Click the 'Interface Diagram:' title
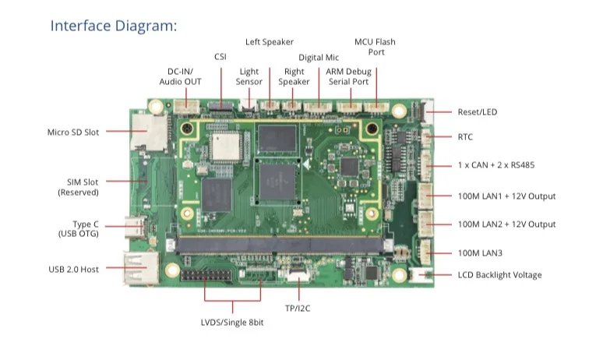tap(114, 26)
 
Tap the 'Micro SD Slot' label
tap(73, 132)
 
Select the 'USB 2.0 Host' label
tap(73, 270)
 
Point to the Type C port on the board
tap(139, 228)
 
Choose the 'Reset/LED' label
tap(477, 112)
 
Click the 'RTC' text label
tap(465, 137)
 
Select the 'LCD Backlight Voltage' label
tap(499, 275)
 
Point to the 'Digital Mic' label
tap(318, 58)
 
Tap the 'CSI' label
tap(220, 57)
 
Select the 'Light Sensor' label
tap(249, 76)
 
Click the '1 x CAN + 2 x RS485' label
tap(495, 165)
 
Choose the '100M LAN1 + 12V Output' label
tap(506, 196)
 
